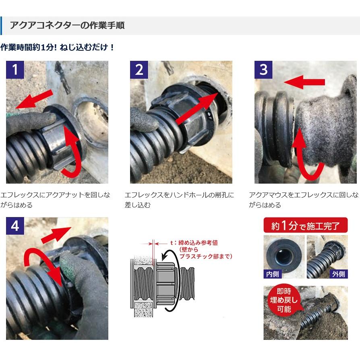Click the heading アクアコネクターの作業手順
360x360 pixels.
tap(67, 25)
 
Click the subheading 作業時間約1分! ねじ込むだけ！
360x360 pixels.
tap(57, 47)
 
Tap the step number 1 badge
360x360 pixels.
tap(15, 70)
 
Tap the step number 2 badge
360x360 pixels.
tap(139, 70)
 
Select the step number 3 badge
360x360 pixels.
tap(263, 70)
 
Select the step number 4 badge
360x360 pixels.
tap(15, 226)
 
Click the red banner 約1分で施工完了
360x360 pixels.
tap(305, 226)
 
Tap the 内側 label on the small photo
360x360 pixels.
tap(273, 274)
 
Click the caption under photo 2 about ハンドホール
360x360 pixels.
tap(179, 200)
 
